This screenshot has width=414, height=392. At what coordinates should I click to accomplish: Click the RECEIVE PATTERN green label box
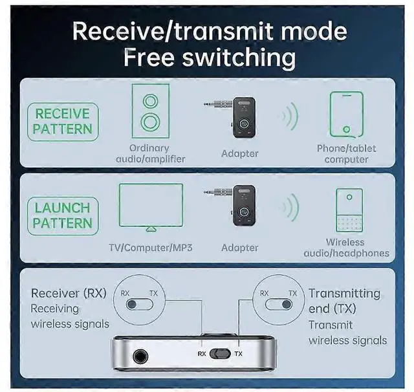coord(63,121)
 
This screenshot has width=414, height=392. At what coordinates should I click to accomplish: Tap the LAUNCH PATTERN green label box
coord(62,216)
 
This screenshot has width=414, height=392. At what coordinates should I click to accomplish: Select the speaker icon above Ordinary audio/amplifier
coord(150,111)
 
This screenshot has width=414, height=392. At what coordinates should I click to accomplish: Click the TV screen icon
coord(150,205)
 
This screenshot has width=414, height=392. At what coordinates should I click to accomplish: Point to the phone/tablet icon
coord(346,114)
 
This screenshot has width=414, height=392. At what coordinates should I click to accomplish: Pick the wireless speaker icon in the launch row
coord(349,210)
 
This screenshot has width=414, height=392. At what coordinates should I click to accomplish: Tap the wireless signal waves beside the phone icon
coord(289,116)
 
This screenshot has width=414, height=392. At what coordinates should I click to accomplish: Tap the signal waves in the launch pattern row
coord(289,208)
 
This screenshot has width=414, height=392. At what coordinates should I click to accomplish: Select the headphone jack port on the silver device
coord(138,355)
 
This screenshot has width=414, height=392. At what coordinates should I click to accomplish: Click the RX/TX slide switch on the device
coord(220,354)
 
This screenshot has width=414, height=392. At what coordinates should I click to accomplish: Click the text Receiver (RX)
coord(69,293)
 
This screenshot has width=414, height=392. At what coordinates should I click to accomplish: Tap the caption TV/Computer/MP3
coord(150,248)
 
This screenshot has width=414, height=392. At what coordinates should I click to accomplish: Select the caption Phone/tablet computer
coord(346,153)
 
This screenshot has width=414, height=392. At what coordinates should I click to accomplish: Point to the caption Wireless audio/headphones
coord(346,248)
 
